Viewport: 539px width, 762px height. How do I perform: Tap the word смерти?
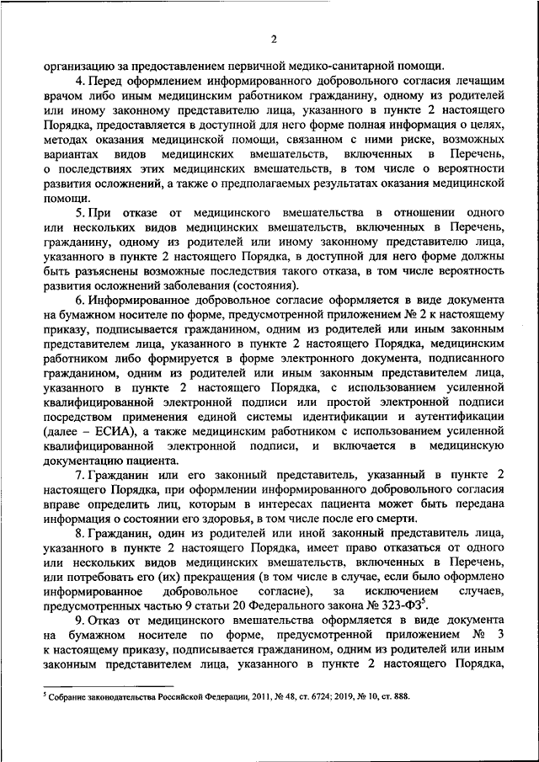(x=390, y=519)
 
